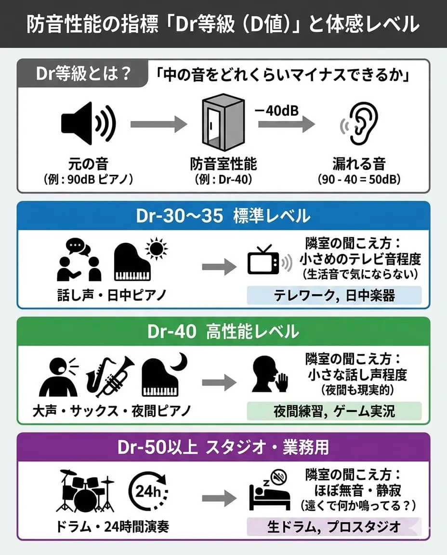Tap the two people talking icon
pyautogui.click(x=79, y=261)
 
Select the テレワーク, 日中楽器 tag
pyautogui.click(x=334, y=295)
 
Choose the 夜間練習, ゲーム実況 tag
pyautogui.click(x=334, y=411)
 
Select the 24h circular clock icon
pyautogui.click(x=147, y=491)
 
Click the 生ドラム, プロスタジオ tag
pyautogui.click(x=334, y=527)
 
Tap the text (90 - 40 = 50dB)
pyautogui.click(x=359, y=179)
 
